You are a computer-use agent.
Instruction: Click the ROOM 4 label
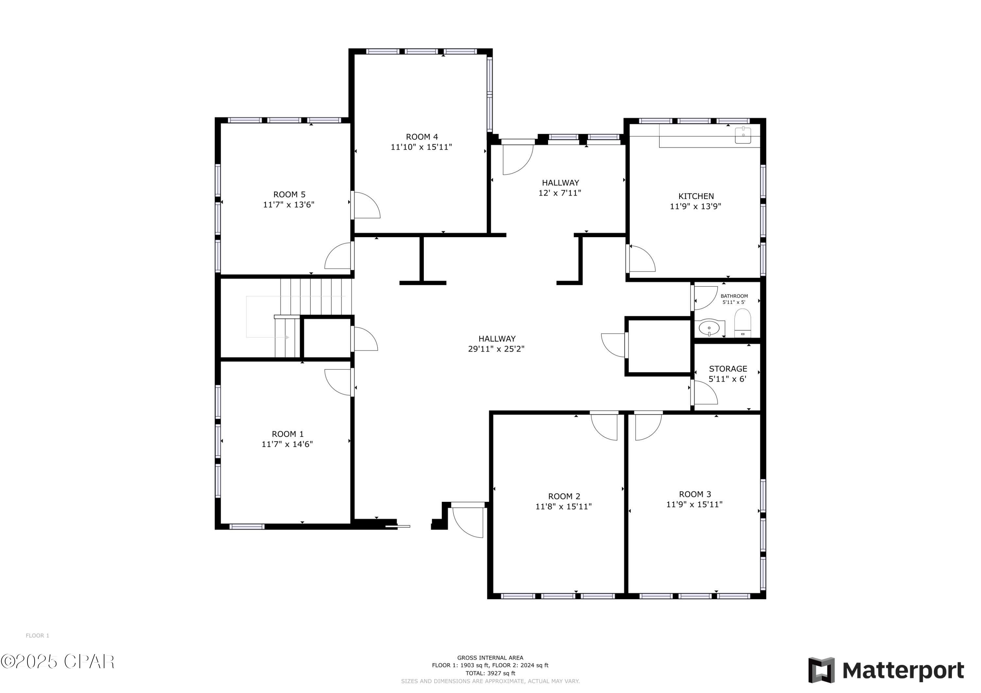click(x=422, y=137)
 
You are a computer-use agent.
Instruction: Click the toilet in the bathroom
click(x=743, y=323)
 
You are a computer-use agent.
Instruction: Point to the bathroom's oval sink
click(x=709, y=328)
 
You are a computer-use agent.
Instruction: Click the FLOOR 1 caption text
click(x=38, y=635)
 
